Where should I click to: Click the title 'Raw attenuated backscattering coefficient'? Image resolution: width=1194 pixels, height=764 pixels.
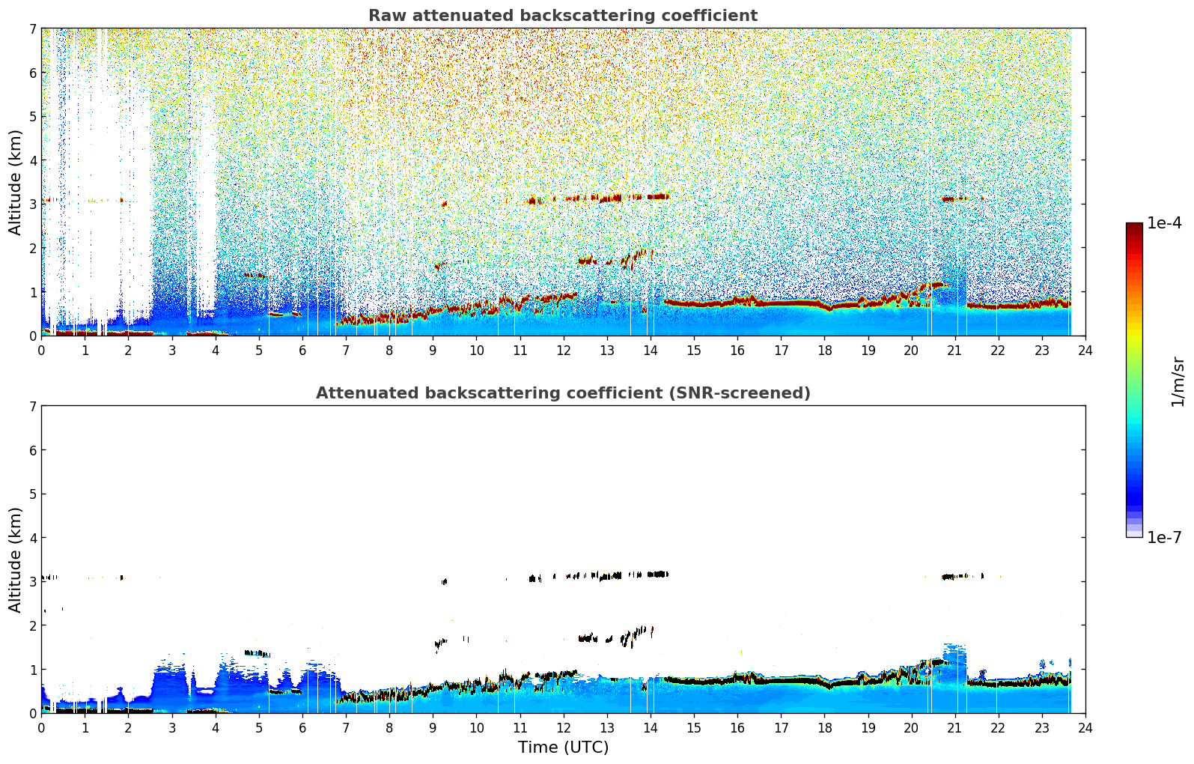coord(563,16)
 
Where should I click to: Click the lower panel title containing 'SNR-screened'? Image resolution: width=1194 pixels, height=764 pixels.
coord(563,393)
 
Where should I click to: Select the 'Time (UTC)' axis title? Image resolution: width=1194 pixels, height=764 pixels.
coord(563,747)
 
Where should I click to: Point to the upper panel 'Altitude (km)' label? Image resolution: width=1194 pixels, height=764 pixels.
coord(15,183)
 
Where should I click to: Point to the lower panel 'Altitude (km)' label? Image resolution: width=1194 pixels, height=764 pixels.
coord(15,560)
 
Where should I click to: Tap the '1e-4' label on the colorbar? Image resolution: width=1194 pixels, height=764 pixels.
coord(1164,223)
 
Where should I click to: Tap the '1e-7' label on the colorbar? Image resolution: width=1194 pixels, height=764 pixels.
coord(1164,537)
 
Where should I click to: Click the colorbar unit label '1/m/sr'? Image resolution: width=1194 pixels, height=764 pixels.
coord(1178,383)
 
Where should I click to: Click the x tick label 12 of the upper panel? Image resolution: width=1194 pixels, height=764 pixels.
coord(564,351)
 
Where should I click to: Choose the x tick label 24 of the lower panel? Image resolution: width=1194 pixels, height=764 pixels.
coord(1085,728)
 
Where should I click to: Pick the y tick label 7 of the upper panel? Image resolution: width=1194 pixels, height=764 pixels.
coord(33,28)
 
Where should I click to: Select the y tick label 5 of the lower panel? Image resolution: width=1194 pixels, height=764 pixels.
coord(33,494)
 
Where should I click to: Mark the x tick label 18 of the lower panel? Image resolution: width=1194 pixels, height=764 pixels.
coord(825,728)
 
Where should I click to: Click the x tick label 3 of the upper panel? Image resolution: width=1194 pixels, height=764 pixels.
coord(172,351)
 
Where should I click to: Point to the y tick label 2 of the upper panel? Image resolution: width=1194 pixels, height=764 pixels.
coord(33,248)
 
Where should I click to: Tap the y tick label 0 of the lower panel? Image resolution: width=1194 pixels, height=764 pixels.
coord(33,713)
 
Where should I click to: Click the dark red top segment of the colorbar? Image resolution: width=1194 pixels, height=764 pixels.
coord(1134,227)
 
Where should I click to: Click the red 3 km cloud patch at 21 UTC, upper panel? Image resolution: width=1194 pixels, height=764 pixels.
coord(954,199)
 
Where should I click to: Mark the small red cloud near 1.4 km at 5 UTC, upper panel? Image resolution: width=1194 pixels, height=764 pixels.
coord(257,276)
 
